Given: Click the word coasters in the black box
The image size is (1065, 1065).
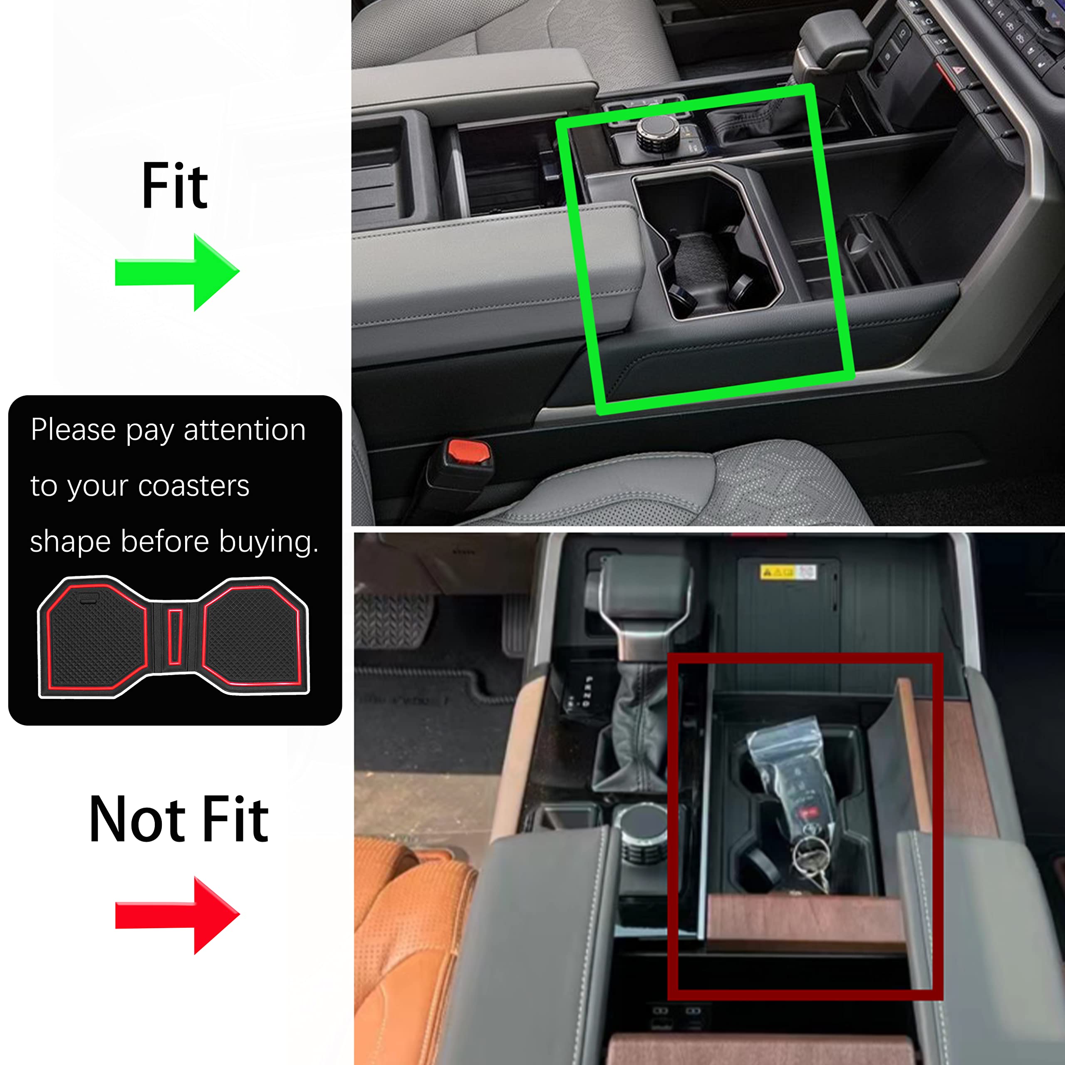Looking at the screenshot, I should (193, 486).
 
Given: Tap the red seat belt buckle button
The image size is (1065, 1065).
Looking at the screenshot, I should (468, 451).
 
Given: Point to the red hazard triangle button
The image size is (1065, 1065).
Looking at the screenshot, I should (958, 70).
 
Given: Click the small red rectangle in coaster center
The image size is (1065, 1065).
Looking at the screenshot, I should (175, 637).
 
